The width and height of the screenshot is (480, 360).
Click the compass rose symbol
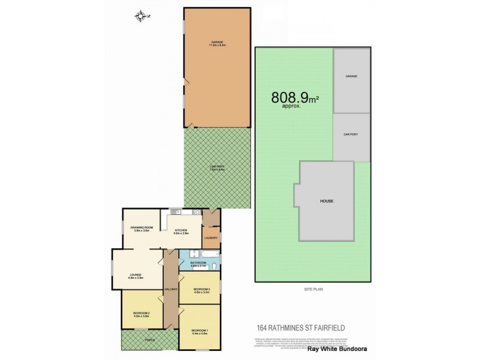[x=142, y=16]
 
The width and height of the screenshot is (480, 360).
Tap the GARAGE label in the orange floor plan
[x=217, y=42]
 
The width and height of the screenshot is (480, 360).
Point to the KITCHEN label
[x=181, y=230]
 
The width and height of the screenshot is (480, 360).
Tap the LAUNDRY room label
[x=211, y=238]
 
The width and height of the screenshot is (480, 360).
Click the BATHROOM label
[x=199, y=262]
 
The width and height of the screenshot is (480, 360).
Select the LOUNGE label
[x=134, y=275]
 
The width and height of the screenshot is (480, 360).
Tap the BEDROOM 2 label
[x=141, y=313]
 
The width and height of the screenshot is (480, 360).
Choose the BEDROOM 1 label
[x=199, y=331]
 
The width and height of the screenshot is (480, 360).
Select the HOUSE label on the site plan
[x=326, y=201]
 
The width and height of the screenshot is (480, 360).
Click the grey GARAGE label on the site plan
[x=352, y=77]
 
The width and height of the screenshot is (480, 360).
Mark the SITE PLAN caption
[x=313, y=289]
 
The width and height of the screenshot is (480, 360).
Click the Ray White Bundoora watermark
[x=337, y=348]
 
